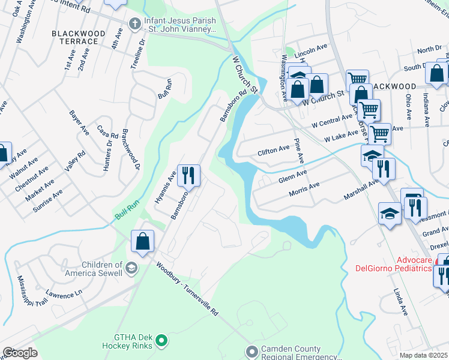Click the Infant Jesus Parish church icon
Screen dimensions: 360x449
[x=134, y=25]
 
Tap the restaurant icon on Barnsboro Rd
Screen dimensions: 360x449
[x=188, y=175]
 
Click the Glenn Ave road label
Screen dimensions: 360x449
[x=292, y=176]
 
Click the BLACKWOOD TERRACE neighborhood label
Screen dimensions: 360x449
[x=74, y=37]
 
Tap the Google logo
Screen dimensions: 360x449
[x=20, y=353]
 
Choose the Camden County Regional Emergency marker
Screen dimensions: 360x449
[x=252, y=350]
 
